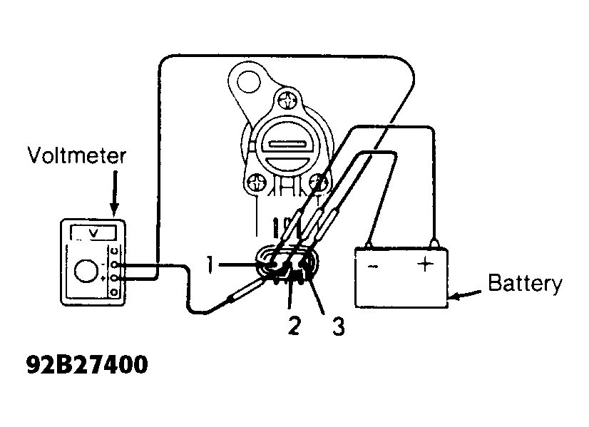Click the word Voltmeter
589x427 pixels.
pos(77,155)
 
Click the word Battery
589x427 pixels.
pos(525,284)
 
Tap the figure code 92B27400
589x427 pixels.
pos(87,364)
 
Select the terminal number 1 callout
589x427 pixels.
pos(211,264)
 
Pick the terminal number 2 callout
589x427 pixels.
pos(294,325)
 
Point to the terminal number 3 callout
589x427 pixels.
pos(338,326)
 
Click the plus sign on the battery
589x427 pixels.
pos(425,264)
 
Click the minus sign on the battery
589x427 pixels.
pos(373,267)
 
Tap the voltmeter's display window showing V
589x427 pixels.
pos(94,233)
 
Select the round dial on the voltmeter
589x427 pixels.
pos(86,271)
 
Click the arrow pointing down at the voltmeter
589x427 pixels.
pos(115,194)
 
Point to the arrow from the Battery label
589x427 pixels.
pos(465,294)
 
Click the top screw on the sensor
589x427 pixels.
pos(289,101)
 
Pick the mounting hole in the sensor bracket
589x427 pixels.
pos(248,81)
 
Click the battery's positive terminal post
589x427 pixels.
pos(434,243)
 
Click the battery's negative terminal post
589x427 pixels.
pos(369,245)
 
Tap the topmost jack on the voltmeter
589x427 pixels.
pos(115,251)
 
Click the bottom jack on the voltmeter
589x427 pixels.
pos(115,292)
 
